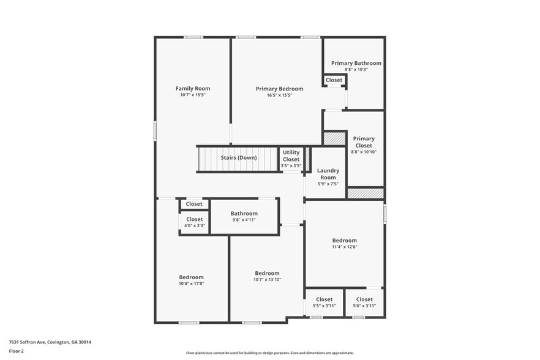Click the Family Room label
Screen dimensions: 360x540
(x=193, y=89)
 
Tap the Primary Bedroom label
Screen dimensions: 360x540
(x=279, y=89)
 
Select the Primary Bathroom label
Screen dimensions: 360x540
(x=356, y=63)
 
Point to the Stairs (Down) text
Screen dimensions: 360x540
(x=239, y=157)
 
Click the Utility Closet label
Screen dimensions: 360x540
(x=291, y=156)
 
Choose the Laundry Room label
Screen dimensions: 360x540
(x=328, y=174)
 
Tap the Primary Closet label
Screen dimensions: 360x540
(x=364, y=142)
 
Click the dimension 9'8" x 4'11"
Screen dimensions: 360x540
(x=244, y=220)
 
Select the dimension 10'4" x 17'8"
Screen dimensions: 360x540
(x=191, y=283)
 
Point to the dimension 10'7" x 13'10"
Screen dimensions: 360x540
(x=267, y=280)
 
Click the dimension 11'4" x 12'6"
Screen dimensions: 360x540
(x=344, y=247)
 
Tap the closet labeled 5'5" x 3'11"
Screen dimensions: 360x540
(x=324, y=306)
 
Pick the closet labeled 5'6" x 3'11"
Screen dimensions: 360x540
(x=364, y=306)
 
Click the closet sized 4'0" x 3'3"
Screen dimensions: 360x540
(x=194, y=225)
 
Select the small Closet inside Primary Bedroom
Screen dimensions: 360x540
(x=334, y=80)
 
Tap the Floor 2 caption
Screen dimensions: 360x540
(x=16, y=351)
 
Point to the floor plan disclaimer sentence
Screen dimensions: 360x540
(x=269, y=353)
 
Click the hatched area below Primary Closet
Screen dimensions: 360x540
(x=365, y=193)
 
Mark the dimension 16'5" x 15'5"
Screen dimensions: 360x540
(x=279, y=95)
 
